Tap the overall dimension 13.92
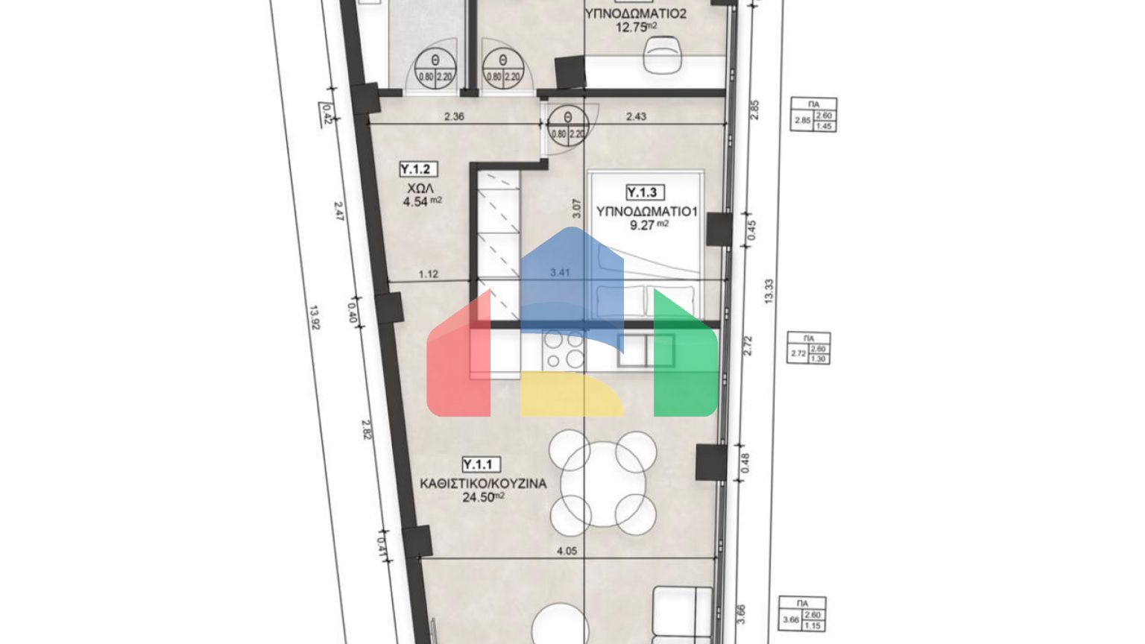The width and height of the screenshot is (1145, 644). click(x=315, y=318)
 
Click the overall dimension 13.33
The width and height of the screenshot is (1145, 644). click(x=769, y=291)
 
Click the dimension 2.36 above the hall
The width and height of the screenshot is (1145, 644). click(x=454, y=116)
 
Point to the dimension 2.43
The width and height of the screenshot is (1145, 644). click(x=636, y=116)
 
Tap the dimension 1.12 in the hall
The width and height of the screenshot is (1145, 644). click(x=429, y=274)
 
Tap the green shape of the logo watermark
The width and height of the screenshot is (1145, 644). click(x=684, y=358)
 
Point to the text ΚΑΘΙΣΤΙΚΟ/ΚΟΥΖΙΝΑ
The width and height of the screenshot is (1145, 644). click(x=483, y=483)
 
